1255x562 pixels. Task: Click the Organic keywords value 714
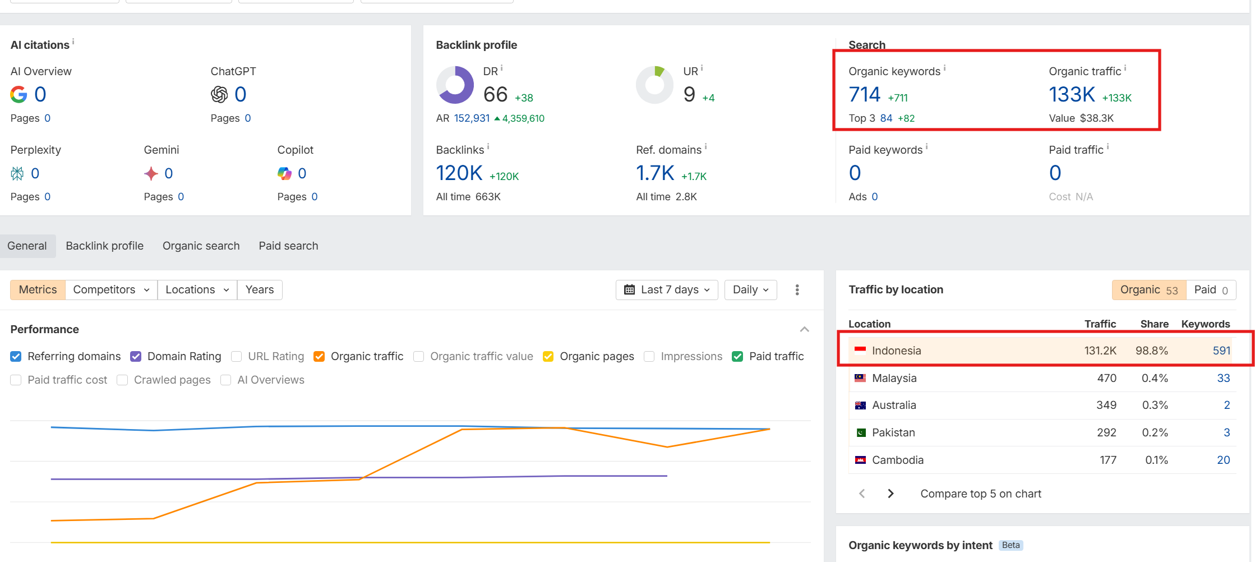[864, 95]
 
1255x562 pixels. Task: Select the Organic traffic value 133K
[1071, 95]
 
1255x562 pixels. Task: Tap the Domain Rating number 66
[495, 95]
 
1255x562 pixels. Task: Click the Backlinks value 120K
[459, 173]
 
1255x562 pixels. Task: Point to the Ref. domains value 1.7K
[654, 173]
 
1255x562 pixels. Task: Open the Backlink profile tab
[104, 246]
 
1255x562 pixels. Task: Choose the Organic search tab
[201, 246]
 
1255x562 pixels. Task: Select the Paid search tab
[288, 246]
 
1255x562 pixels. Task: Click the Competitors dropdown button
[111, 290]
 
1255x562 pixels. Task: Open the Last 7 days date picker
[667, 290]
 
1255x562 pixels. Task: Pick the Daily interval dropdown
[750, 290]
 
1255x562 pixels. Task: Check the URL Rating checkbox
[237, 357]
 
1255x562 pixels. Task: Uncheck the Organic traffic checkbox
[319, 357]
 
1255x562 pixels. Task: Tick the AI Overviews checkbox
[226, 380]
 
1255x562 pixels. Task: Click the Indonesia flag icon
[860, 351]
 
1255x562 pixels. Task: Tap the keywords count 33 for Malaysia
[1223, 379]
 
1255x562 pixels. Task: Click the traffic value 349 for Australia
[1106, 406]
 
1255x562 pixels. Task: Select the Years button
[260, 290]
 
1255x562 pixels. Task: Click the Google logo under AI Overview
[19, 95]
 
